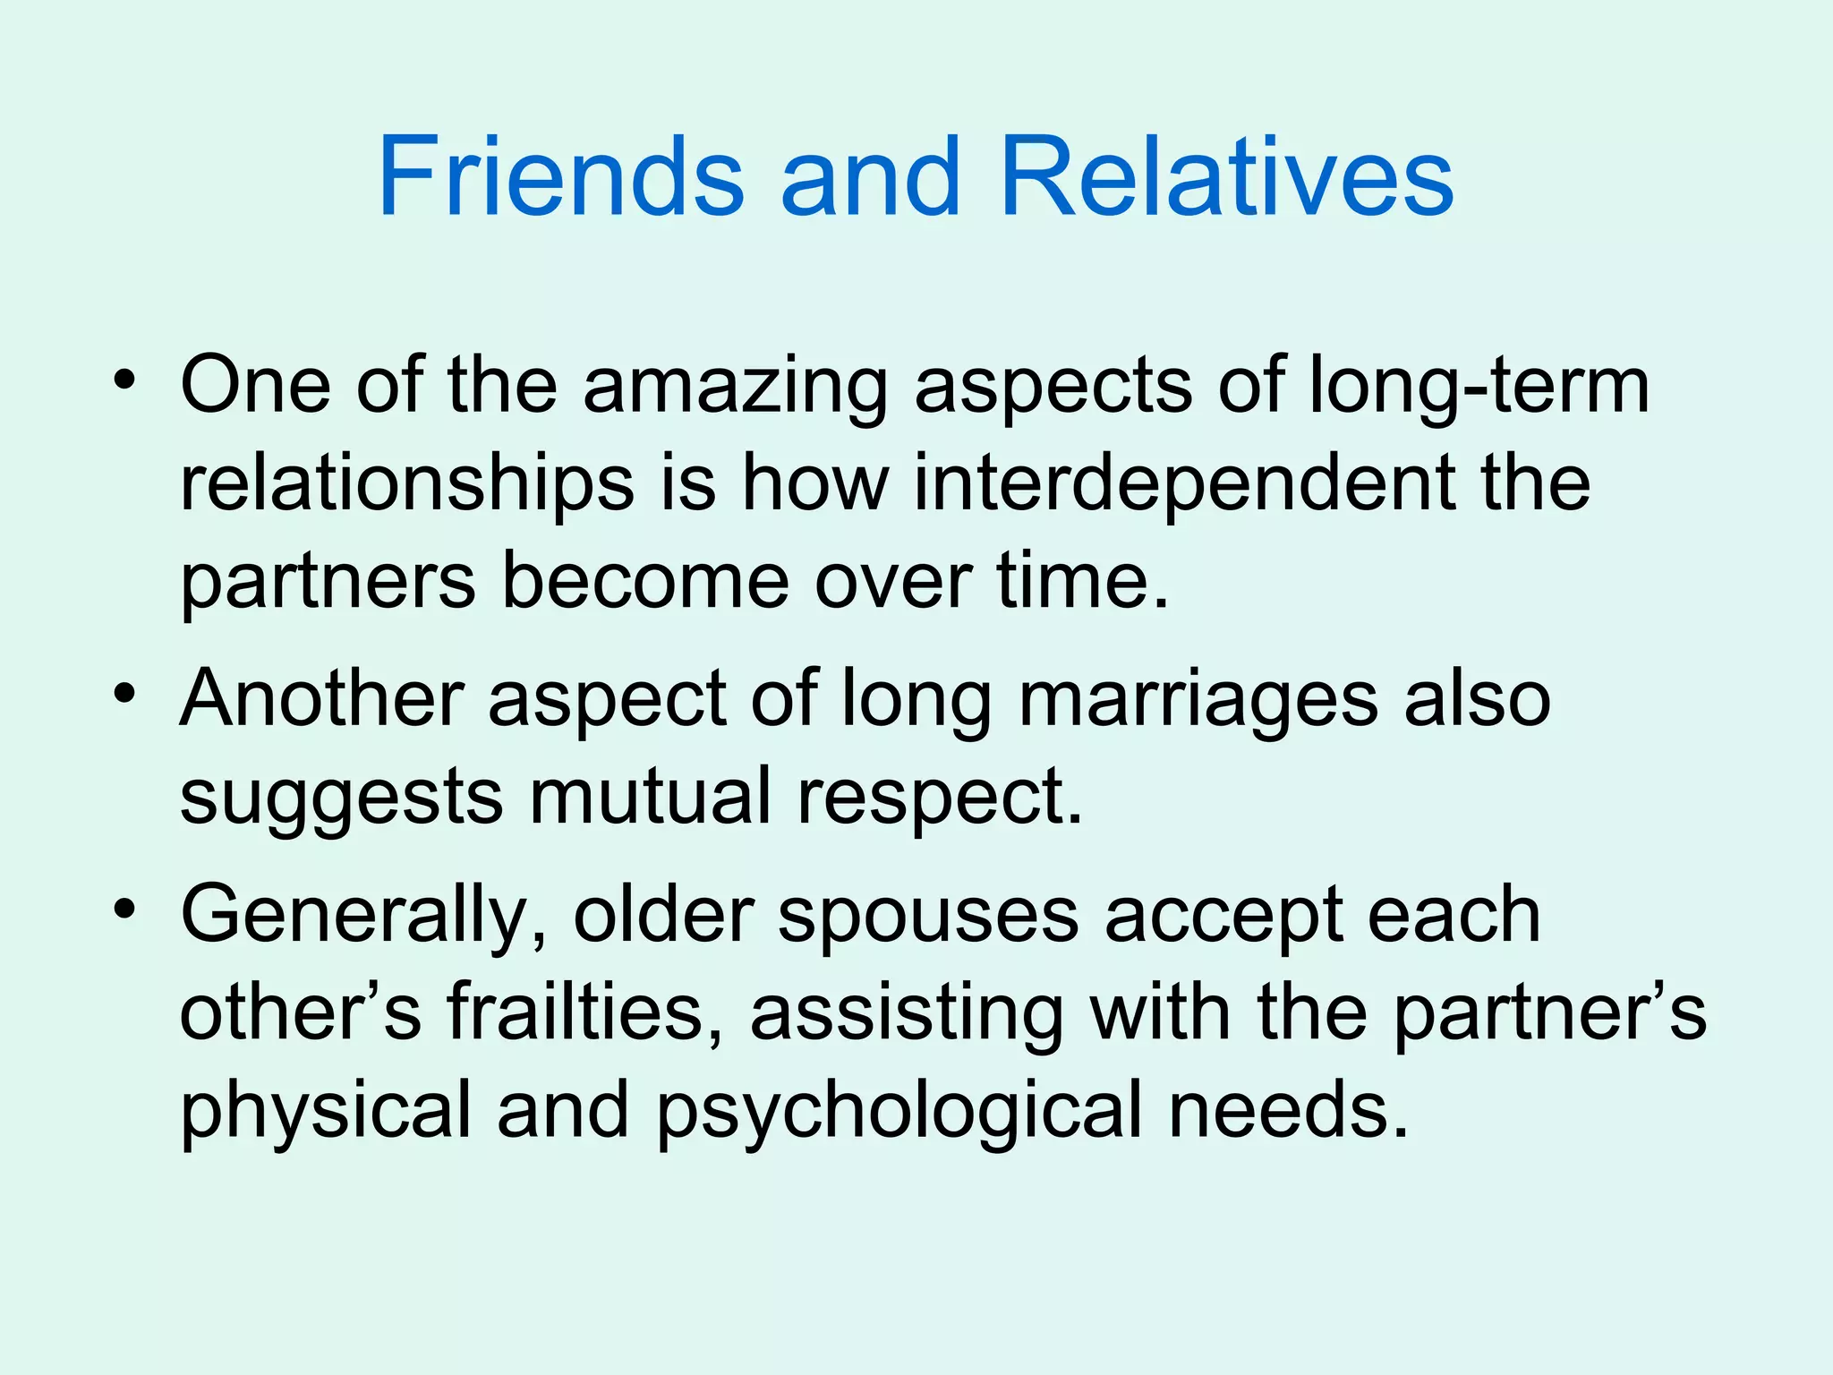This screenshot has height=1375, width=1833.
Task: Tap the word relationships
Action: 407,484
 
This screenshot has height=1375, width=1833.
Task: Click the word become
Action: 645,582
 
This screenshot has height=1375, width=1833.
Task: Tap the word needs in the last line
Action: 1289,1110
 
